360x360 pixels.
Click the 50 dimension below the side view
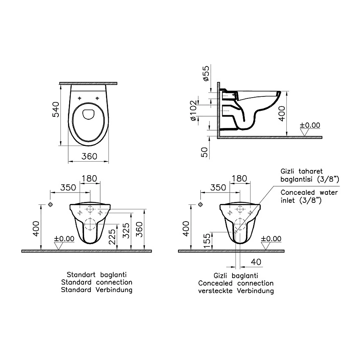[205, 152]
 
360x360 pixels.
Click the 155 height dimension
[206, 241]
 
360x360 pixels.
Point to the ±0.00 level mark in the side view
[310, 125]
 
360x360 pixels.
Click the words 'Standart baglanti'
[96, 275]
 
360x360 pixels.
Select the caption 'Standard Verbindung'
[96, 290]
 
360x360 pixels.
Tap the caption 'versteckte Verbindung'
[236, 291]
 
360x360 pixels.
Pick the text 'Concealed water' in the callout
[309, 192]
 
